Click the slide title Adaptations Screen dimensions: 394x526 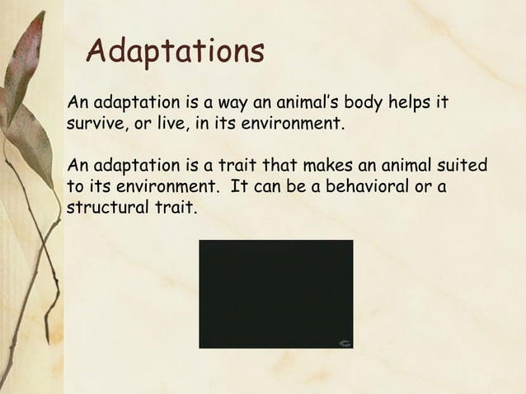pos(175,52)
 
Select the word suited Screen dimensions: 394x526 pos(462,165)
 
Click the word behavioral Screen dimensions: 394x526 pos(360,185)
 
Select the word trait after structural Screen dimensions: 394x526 pos(174,206)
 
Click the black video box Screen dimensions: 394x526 pos(275,293)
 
